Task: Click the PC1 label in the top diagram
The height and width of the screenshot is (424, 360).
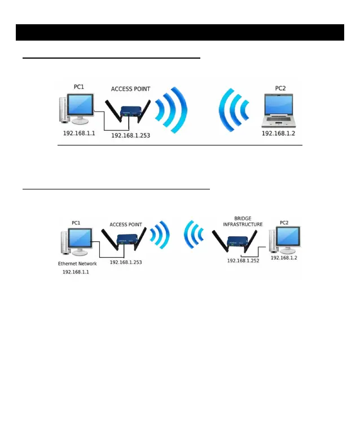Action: point(80,87)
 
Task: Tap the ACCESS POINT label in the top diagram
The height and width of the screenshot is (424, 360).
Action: point(130,89)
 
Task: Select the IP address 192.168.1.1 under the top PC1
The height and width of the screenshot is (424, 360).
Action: point(79,132)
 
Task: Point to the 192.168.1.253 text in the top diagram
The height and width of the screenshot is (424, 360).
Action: point(130,136)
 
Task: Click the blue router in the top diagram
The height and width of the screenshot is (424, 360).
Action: point(130,113)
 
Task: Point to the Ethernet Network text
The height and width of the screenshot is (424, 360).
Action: point(77,263)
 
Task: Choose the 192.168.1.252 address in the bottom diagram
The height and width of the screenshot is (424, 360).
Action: point(243,260)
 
